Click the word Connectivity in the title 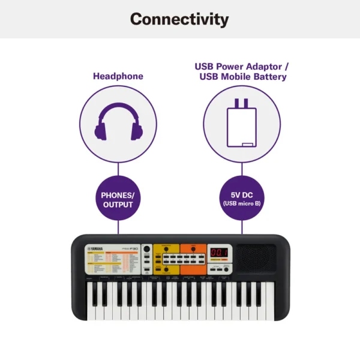[x=179, y=19]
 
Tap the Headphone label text [x=118, y=76]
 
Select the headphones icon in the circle [x=118, y=124]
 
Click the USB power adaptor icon [x=241, y=124]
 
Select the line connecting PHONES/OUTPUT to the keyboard [x=118, y=227]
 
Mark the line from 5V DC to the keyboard [x=242, y=227]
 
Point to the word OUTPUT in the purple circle [x=118, y=205]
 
